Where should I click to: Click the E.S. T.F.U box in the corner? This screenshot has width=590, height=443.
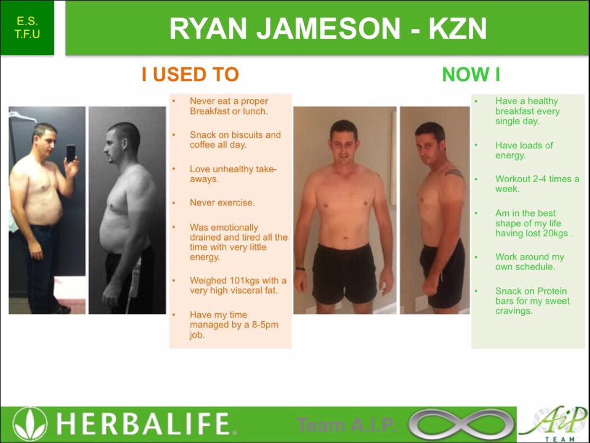pos(28,28)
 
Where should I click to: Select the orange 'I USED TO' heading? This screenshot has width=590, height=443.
pos(190,75)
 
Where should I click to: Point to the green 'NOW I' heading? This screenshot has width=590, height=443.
pos(471,75)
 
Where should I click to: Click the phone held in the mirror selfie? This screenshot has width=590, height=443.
pos(71,152)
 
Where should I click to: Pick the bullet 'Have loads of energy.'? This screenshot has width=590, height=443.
pos(524,150)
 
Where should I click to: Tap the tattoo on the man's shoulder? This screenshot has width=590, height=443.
pos(454,174)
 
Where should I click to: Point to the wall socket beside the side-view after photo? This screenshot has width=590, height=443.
pos(421,302)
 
